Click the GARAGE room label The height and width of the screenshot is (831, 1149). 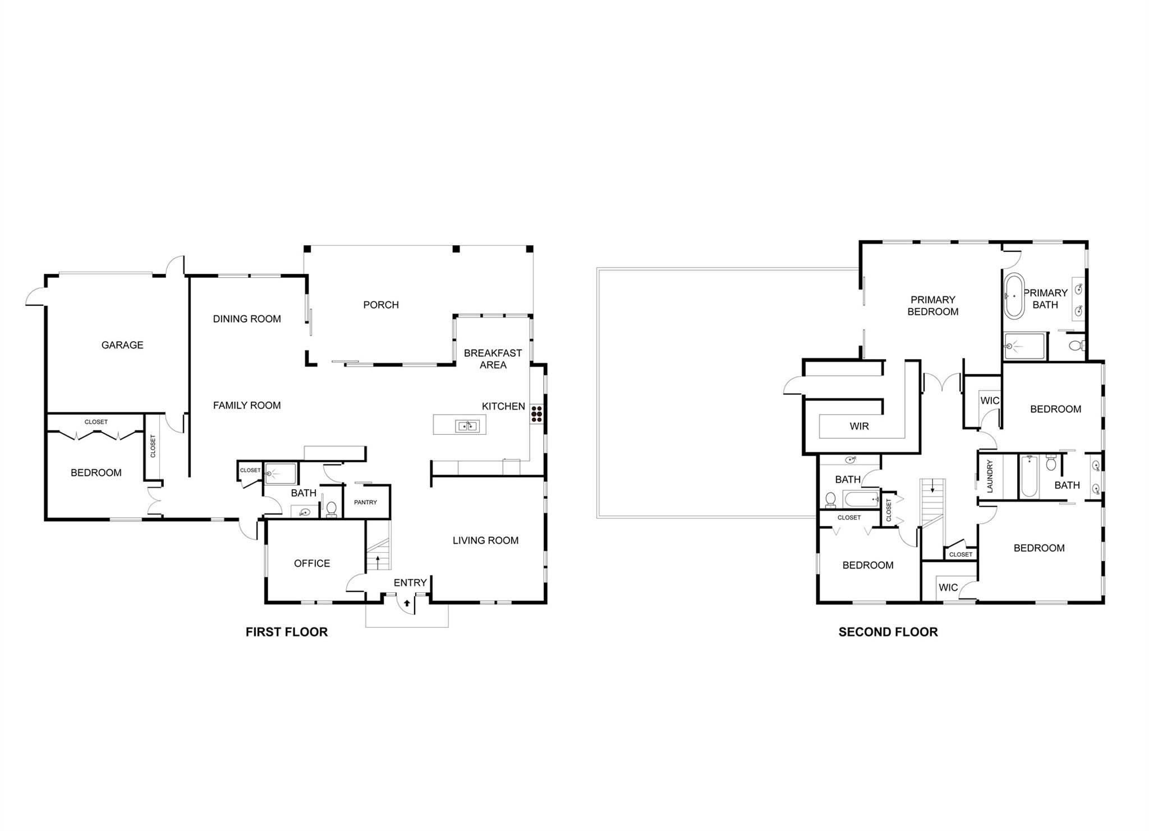[x=122, y=345]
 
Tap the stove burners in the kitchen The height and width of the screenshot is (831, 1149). [x=536, y=414]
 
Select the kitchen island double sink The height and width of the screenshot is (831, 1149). [x=467, y=426]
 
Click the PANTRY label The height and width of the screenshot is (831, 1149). [x=365, y=502]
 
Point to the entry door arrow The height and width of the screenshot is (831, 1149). [x=407, y=604]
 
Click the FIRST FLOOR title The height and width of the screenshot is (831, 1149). [x=286, y=632]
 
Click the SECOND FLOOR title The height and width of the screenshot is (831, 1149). [x=888, y=632]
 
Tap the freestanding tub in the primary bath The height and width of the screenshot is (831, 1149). [x=1014, y=296]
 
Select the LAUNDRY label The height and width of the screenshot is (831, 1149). [x=990, y=476]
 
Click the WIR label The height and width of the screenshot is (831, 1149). [x=859, y=426]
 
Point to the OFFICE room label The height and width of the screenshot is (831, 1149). [x=312, y=563]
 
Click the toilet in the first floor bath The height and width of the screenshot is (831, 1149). [x=331, y=509]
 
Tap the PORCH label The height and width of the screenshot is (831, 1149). [x=381, y=305]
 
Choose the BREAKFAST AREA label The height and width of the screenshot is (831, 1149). [x=493, y=359]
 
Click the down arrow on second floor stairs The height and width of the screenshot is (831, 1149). [x=932, y=486]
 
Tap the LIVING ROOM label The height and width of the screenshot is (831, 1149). [x=485, y=540]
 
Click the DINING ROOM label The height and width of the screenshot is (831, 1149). [x=247, y=319]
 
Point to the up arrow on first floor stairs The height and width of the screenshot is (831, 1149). [x=379, y=559]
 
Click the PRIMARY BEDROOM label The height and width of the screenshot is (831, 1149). [x=932, y=306]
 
